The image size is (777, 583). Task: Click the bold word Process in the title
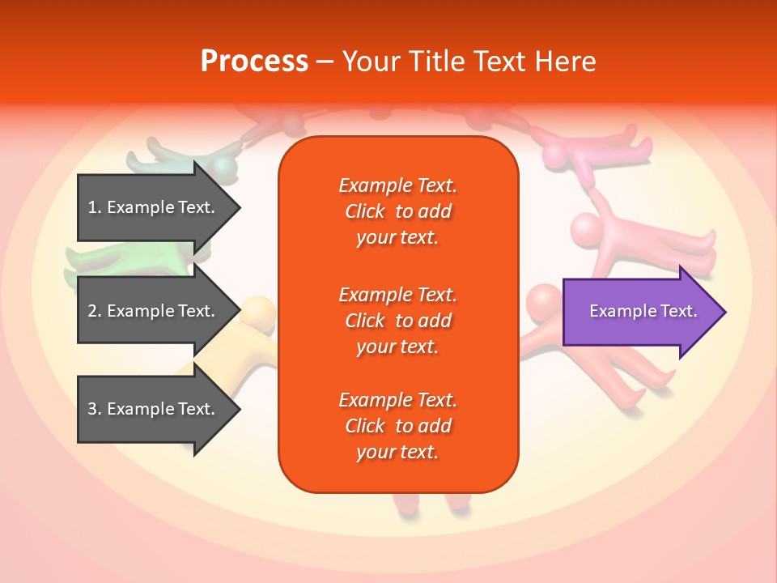pos(254,62)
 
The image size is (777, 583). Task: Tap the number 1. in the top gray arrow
pos(95,207)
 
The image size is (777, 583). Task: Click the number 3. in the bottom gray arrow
pos(95,409)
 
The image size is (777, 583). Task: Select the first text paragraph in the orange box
pos(397,211)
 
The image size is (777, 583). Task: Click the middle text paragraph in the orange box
pos(397,321)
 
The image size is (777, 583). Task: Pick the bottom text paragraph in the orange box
pos(397,426)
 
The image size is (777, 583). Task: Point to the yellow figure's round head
pos(259,313)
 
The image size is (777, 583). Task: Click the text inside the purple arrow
pos(643,311)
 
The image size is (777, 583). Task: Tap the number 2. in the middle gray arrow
pos(95,311)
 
